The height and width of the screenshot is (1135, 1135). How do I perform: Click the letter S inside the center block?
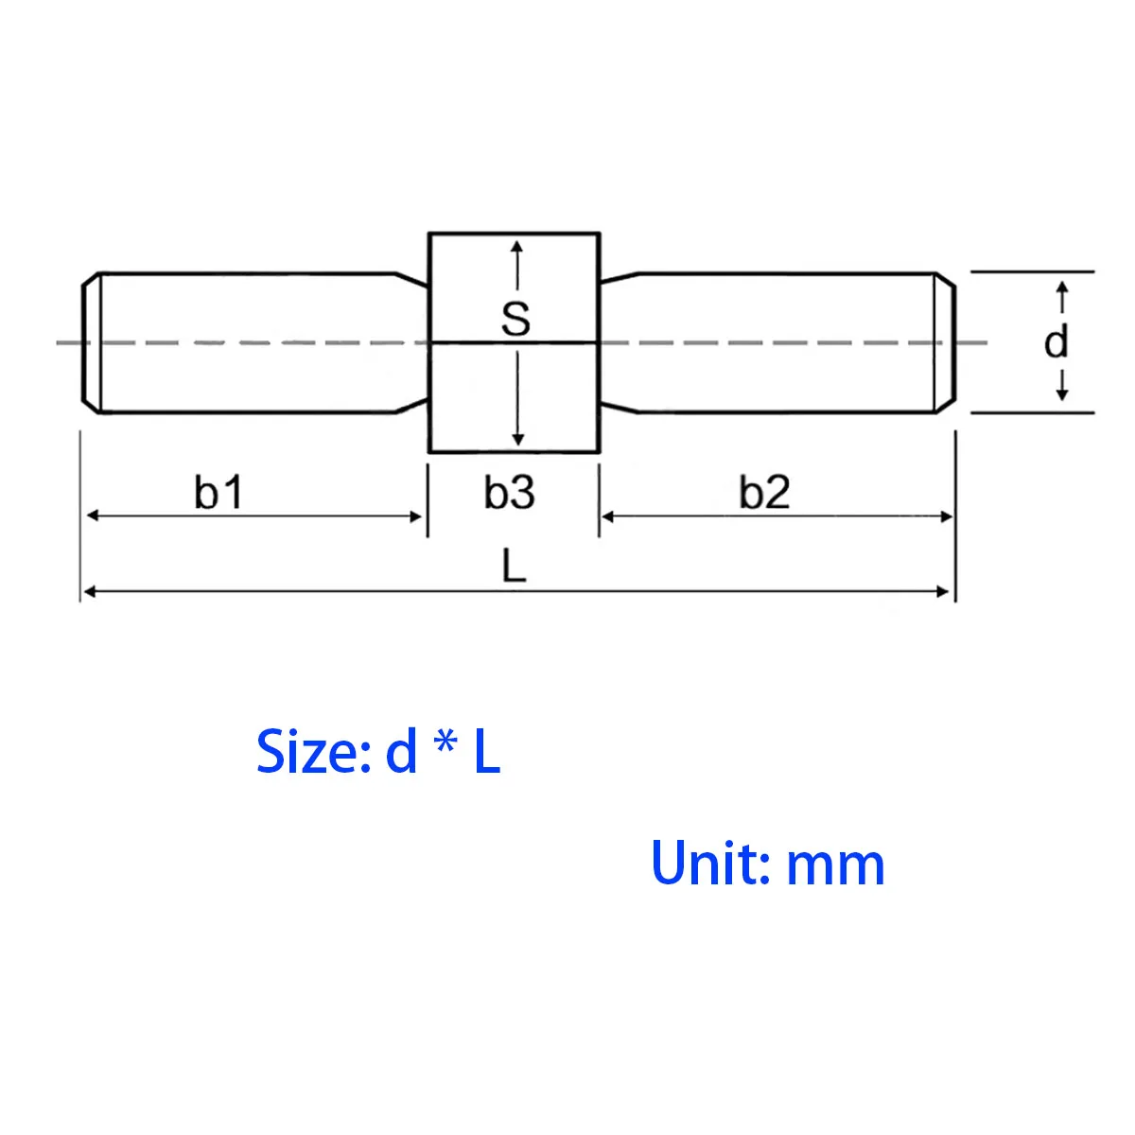pyautogui.click(x=515, y=319)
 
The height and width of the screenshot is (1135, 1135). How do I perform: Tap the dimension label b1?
pyautogui.click(x=219, y=493)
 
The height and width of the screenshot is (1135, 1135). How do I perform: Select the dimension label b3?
pyautogui.click(x=510, y=493)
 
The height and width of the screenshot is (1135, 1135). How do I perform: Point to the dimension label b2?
pyautogui.click(x=764, y=493)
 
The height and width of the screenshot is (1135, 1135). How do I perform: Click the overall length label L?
pyautogui.click(x=513, y=567)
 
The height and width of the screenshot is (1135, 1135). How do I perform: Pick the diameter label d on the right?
pyautogui.click(x=1056, y=340)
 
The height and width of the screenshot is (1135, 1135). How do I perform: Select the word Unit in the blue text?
pyautogui.click(x=704, y=864)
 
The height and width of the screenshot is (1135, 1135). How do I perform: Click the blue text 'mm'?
pyautogui.click(x=835, y=866)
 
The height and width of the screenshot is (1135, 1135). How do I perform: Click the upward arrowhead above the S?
pyautogui.click(x=516, y=247)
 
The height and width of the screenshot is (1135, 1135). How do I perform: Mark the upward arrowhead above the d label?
pyautogui.click(x=1061, y=287)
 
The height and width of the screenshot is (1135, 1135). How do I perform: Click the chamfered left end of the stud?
pyautogui.click(x=90, y=342)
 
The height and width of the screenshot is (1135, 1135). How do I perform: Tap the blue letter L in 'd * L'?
pyautogui.click(x=486, y=753)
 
